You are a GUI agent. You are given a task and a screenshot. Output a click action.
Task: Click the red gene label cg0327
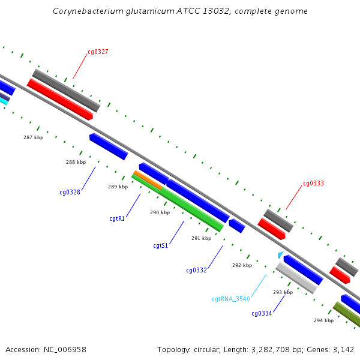point(98,52)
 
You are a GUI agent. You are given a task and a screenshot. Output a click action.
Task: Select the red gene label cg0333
point(313,184)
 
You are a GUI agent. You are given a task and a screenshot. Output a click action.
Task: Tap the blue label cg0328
point(70,193)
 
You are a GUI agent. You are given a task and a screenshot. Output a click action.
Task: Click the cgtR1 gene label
point(117,219)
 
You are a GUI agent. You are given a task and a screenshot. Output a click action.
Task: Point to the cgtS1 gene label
point(160,246)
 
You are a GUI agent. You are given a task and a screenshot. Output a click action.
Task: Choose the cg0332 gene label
point(196,271)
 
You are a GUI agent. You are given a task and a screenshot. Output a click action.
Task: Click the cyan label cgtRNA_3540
point(230,299)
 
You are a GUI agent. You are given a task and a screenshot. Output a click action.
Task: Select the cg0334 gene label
point(262,313)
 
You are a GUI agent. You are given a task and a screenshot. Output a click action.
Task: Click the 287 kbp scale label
point(33,138)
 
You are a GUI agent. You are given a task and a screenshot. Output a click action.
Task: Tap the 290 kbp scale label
point(160,212)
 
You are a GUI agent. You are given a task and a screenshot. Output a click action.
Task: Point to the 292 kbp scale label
point(242,265)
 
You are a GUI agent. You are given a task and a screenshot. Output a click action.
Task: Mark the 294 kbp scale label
point(323,320)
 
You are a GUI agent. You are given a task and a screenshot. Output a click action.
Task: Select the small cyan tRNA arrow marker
point(280,255)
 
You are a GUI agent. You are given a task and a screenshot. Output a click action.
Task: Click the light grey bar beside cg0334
point(296,278)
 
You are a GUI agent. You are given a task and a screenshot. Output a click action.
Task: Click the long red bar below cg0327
point(60,100)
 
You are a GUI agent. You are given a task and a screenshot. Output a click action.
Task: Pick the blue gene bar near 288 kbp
point(109,146)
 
